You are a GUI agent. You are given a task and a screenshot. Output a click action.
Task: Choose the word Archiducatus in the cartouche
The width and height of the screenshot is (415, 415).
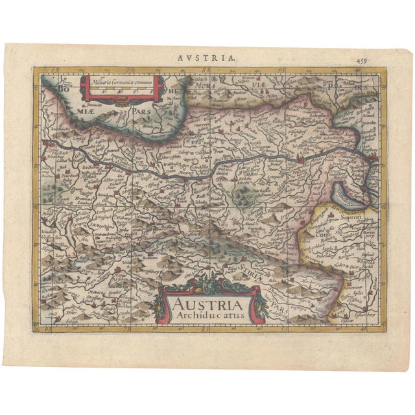click(x=203, y=316)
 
